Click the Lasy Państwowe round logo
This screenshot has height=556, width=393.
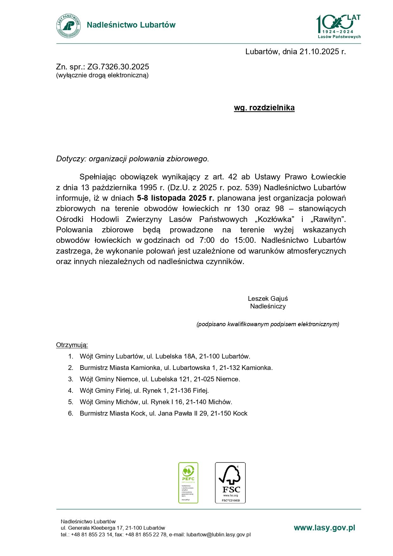click(x=68, y=26)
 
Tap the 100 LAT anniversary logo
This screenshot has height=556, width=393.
click(x=339, y=27)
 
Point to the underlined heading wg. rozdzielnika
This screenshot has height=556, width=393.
click(x=264, y=108)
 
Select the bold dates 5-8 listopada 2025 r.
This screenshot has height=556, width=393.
click(x=175, y=198)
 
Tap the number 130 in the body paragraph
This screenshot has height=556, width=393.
click(x=243, y=209)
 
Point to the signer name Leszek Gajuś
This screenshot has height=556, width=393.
click(x=268, y=299)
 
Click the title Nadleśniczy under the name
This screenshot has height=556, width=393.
click(x=268, y=306)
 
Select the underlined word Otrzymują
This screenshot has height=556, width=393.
click(x=72, y=345)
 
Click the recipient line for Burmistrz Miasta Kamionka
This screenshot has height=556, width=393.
click(x=176, y=368)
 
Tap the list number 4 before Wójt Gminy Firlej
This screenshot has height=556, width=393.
click(x=71, y=391)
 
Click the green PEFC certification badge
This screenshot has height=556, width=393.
click(x=188, y=482)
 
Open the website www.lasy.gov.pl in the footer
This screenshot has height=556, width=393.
click(x=324, y=528)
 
